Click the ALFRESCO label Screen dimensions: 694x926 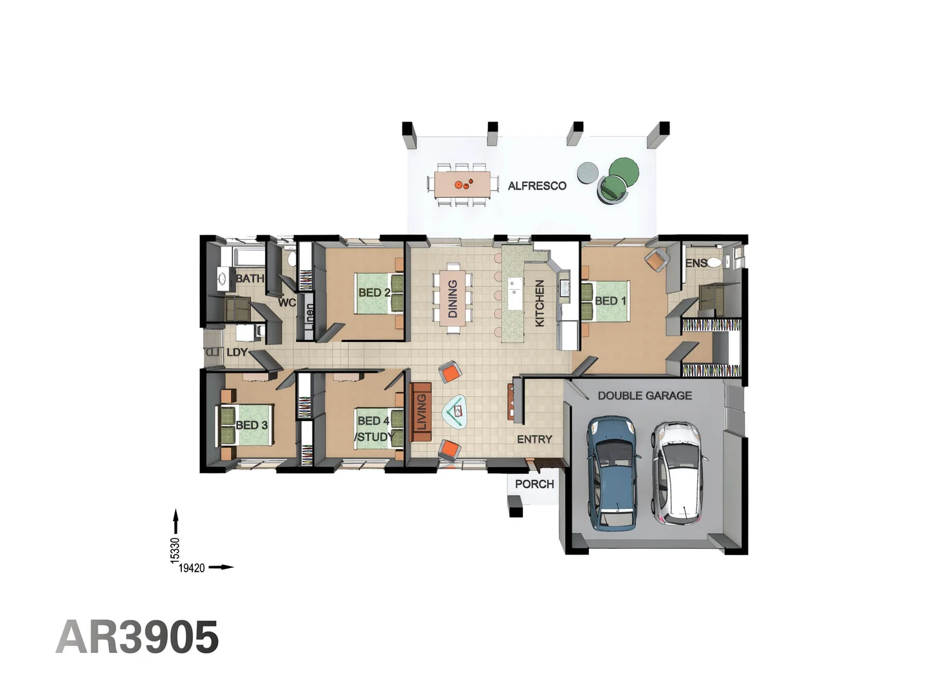tap(537, 186)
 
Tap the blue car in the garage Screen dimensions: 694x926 tap(614, 472)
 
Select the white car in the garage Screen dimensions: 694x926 tap(678, 472)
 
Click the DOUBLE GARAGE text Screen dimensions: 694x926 tap(645, 396)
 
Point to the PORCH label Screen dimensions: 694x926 tap(534, 484)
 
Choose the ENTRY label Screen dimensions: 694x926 tap(534, 439)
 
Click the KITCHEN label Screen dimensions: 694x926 tap(540, 303)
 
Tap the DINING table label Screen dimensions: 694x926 tap(453, 299)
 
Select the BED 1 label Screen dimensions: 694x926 tap(610, 301)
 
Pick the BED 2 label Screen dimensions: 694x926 tap(374, 292)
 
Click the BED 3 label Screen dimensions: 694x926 tap(251, 425)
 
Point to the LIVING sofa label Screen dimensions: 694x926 tap(422, 412)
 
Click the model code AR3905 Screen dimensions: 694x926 tap(138, 637)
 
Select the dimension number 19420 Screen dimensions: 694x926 tap(192, 568)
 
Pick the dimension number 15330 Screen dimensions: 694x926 tap(175, 551)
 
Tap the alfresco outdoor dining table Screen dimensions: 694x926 tap(462, 184)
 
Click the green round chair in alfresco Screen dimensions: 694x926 tap(623, 172)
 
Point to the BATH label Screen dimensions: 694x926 tap(250, 278)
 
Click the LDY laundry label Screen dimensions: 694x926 tap(237, 352)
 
